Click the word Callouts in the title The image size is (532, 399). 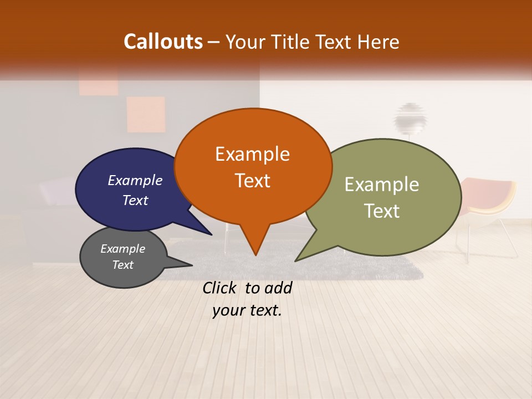click(163, 42)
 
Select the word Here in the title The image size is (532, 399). click(378, 42)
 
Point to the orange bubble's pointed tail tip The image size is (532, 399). click(255, 255)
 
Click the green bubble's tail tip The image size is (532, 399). click(295, 260)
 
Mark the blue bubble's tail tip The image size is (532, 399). click(211, 234)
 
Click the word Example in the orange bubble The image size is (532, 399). click(252, 154)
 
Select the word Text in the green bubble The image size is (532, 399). click(382, 211)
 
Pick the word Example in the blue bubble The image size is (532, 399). click(135, 180)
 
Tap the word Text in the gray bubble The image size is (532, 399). click(122, 265)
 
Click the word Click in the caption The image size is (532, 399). click(221, 288)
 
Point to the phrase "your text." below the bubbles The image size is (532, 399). click(247, 311)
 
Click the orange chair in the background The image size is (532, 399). click(490, 199)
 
